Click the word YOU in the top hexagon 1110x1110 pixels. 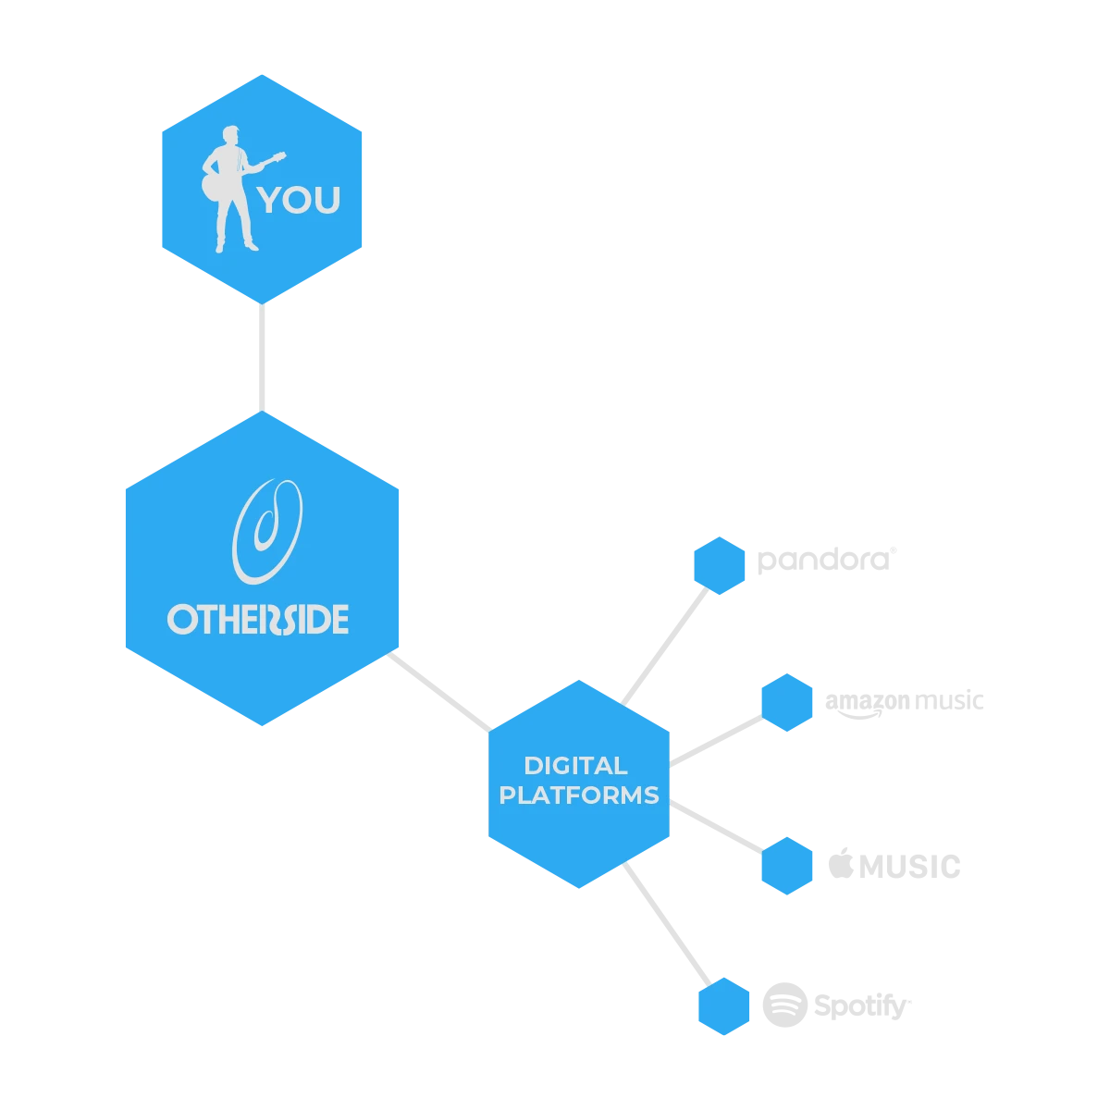(300, 200)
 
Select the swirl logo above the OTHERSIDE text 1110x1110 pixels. (266, 531)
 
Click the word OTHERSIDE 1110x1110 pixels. (258, 619)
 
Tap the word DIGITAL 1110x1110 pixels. (575, 766)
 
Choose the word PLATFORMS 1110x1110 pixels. (579, 795)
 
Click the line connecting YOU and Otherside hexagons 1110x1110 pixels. (265, 356)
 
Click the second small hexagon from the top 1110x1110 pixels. (785, 703)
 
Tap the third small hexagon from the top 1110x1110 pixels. (785, 866)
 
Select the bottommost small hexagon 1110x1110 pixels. (723, 1005)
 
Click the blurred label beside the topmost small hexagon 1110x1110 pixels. (825, 561)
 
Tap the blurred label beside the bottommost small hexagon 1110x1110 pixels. (837, 1005)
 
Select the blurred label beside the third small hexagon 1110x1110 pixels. (894, 865)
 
